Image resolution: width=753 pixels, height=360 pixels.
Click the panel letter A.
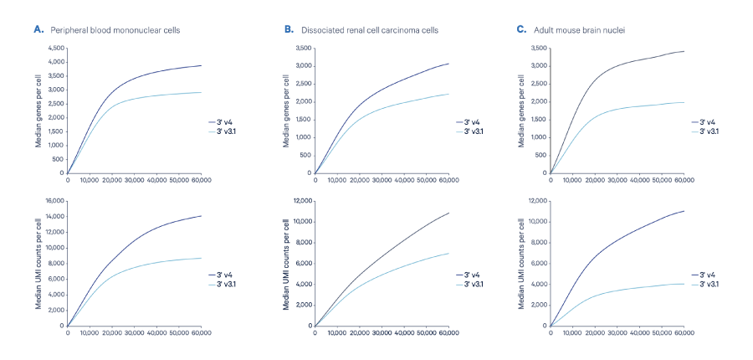(38, 29)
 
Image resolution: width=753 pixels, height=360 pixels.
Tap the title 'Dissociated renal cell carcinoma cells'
(367, 30)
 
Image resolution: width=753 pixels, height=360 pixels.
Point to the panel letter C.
(521, 29)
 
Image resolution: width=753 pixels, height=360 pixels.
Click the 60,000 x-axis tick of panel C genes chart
(684, 179)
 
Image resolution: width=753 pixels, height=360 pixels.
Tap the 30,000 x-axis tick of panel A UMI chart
(135, 332)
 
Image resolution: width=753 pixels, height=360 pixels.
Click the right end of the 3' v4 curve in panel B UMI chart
(449, 213)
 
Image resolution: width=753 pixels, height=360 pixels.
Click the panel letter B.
(289, 29)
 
